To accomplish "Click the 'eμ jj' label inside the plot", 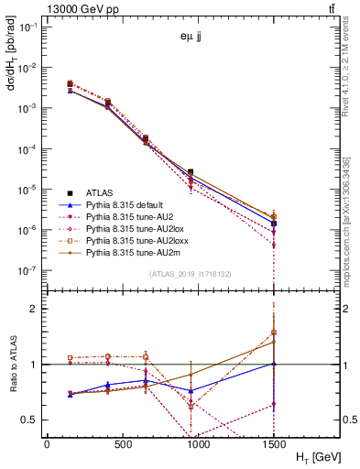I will pyautogui.click(x=191, y=37).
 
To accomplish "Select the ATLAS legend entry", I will pyautogui.click(x=100, y=192).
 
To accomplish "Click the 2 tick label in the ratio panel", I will pyautogui.click(x=36, y=309).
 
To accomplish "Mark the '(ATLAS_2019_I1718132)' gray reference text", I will pyautogui.click(x=191, y=274).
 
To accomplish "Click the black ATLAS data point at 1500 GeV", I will pyautogui.click(x=274, y=223).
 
